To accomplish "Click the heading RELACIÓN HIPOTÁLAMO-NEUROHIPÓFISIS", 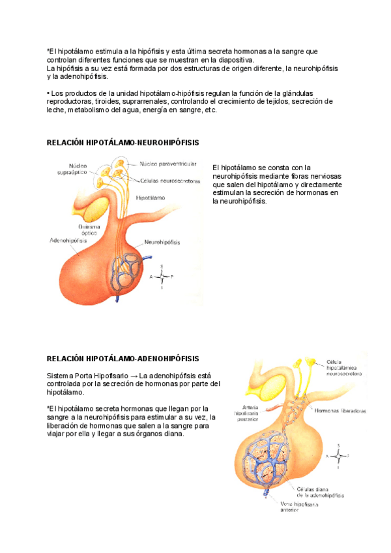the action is click(x=123, y=142).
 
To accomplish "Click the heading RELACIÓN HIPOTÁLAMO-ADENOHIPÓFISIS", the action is click(x=123, y=359).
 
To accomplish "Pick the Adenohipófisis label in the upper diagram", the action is click(x=68, y=240).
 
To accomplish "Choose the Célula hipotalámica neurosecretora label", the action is click(x=343, y=368).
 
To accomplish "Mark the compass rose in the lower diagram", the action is click(x=338, y=455).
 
